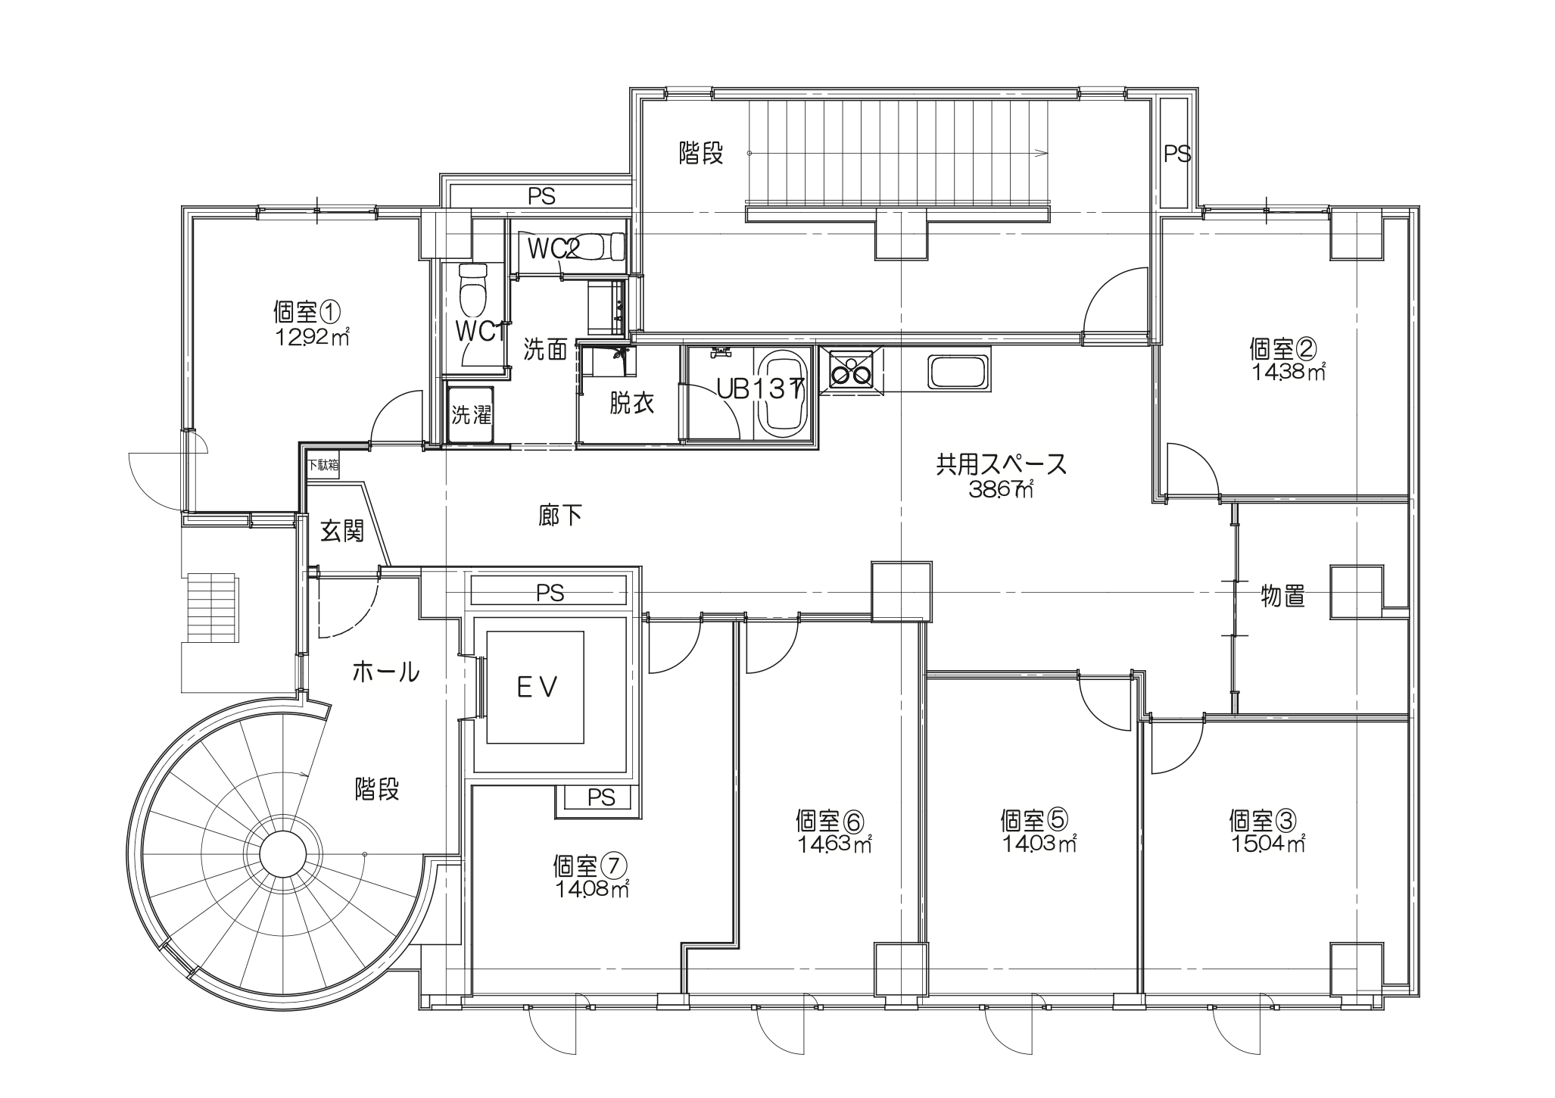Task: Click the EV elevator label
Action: coord(537,688)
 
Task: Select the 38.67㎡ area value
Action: coord(1000,489)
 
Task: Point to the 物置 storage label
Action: coord(1282,595)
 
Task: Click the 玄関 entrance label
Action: coord(342,531)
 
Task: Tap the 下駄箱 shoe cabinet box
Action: coord(323,465)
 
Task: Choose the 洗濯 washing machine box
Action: coord(471,415)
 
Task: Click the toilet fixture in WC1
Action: coord(474,289)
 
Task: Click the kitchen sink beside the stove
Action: coord(959,372)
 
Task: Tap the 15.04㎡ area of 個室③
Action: coord(1266,844)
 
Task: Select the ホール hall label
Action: coord(386,672)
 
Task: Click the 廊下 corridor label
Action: coord(560,516)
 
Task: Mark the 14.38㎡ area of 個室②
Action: coord(1286,372)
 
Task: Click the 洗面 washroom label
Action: coord(545,350)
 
